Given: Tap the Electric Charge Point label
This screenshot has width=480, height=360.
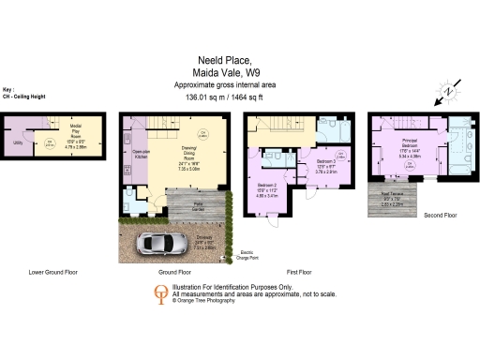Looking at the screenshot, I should point(248,253).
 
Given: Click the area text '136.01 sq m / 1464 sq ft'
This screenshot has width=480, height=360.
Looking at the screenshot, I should point(240,96).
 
